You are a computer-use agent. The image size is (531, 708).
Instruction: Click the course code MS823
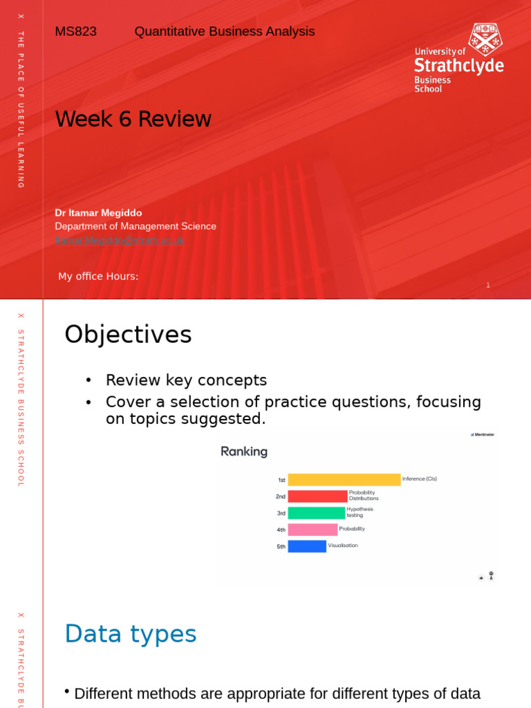pos(75,32)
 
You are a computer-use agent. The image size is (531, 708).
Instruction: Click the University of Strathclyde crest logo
pos(485,39)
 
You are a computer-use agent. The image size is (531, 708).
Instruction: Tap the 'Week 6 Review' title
pos(133,119)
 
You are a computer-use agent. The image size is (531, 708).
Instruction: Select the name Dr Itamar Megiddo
pos(98,213)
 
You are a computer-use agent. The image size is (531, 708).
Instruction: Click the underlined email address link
pos(120,240)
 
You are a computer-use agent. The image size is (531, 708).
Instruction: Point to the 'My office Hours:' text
pos(98,277)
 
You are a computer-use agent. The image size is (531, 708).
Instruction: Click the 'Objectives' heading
pos(128,335)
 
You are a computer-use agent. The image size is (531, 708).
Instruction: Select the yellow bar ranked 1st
pos(344,480)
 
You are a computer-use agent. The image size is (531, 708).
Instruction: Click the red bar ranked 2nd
pos(317,496)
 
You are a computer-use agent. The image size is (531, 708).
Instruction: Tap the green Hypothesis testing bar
pos(316,513)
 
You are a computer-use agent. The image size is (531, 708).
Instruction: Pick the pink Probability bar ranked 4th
pos(313,530)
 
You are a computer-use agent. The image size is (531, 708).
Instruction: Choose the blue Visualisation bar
pos(307,546)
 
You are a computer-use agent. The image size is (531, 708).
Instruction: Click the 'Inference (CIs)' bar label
pos(420,478)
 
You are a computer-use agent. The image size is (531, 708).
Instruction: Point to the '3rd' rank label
pos(281,513)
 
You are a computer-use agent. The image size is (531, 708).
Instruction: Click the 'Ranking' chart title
pos(244,452)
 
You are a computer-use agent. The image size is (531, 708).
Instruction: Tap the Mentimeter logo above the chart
pos(483,435)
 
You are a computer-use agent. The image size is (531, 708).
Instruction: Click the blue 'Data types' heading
pos(131,634)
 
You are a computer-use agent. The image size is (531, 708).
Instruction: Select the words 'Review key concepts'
pos(186,380)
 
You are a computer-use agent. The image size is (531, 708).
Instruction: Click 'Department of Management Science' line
pos(136,226)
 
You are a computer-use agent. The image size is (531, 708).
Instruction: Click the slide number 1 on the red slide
pos(488,285)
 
